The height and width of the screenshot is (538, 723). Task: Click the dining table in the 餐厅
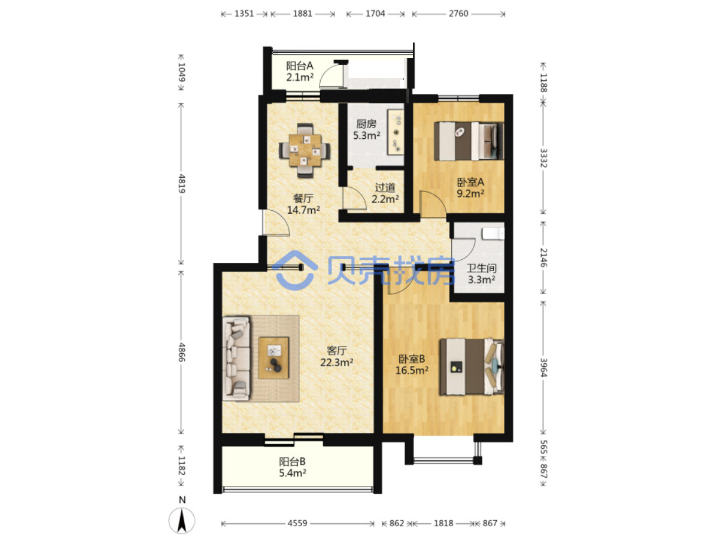click(304, 150)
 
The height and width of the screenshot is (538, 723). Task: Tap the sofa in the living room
click(237, 358)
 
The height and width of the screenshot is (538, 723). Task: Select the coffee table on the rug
click(273, 358)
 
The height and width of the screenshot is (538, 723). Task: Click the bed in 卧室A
click(468, 141)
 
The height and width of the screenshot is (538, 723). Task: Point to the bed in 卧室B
click(471, 367)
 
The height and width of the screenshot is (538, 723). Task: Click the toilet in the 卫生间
click(493, 234)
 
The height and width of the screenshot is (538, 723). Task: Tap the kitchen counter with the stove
click(395, 132)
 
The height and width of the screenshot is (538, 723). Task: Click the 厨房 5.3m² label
click(366, 129)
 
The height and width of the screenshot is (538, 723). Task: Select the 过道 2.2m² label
click(385, 193)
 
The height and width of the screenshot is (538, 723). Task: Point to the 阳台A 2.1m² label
click(299, 71)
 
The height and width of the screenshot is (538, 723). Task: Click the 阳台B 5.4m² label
click(292, 467)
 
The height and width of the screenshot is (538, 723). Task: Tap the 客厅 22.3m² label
click(337, 357)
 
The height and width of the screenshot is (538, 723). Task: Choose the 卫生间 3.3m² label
click(481, 274)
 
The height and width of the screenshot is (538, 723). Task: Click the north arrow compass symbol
click(181, 520)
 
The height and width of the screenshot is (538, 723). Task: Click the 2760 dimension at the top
click(458, 14)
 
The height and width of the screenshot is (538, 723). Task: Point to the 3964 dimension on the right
click(543, 367)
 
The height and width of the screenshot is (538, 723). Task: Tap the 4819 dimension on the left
click(181, 184)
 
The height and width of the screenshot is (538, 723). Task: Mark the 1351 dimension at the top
click(244, 14)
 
